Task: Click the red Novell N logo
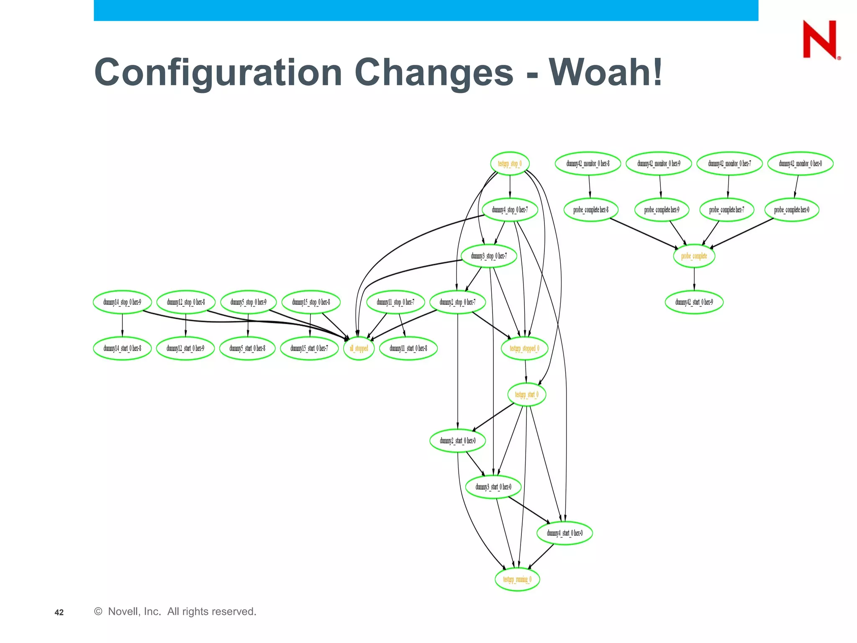[820, 39]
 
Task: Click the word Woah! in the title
[606, 72]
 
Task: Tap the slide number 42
[59, 612]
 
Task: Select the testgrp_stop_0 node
[510, 164]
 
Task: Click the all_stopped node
[359, 348]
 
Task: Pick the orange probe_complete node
[694, 256]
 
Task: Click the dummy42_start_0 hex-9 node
[694, 302]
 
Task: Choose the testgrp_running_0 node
[517, 579]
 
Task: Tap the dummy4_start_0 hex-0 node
[564, 533]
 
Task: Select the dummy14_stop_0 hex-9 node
[122, 302]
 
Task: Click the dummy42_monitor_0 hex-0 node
[800, 164]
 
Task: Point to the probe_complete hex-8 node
[590, 210]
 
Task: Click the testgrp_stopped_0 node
[524, 348]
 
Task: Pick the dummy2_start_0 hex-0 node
[457, 440]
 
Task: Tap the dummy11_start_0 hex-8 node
[408, 348]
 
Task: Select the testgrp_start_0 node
[526, 394]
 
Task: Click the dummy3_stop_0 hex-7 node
[488, 256]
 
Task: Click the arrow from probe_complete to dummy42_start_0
[694, 279]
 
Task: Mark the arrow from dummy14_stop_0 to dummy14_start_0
[122, 325]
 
